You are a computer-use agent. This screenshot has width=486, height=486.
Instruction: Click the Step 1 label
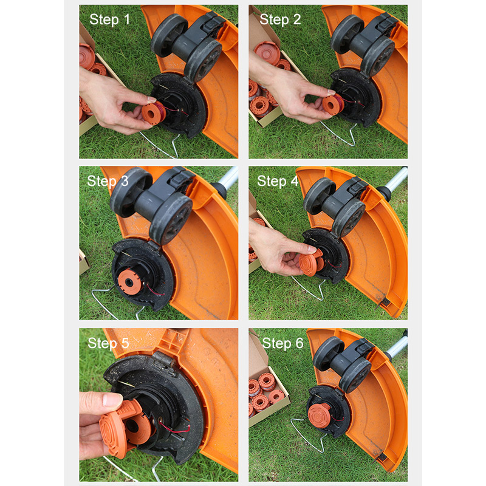[109, 20]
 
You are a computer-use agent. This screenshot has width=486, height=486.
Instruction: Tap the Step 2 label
[280, 20]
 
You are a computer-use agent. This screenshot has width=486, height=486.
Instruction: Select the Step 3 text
[108, 181]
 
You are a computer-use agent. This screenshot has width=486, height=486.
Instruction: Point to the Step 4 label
[278, 181]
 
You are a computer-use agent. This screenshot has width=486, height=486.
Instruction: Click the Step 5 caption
[108, 343]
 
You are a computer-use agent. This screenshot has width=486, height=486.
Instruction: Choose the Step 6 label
[282, 343]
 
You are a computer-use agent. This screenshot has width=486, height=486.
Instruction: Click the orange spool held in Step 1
[154, 113]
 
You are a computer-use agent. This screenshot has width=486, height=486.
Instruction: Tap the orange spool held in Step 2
[333, 105]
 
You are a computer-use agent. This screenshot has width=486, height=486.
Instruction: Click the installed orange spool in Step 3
[130, 281]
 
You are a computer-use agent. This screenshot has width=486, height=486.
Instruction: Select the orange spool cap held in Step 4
[311, 263]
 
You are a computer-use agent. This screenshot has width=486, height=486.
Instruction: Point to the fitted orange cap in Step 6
[320, 416]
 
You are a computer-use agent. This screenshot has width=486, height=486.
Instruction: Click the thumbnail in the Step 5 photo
[112, 400]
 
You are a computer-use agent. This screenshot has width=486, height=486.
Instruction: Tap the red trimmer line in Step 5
[175, 428]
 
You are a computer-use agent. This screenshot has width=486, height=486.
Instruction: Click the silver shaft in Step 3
[227, 179]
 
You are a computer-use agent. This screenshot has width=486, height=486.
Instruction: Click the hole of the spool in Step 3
[128, 282]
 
